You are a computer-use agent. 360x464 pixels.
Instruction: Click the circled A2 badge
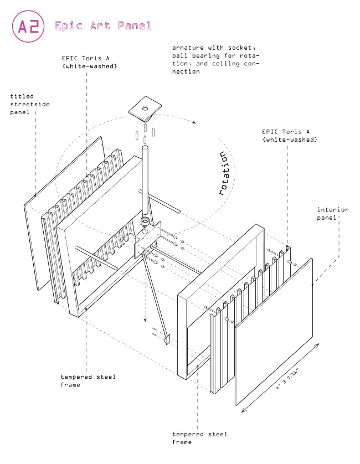[x=28, y=27]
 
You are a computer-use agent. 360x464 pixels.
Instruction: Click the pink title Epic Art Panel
[x=102, y=26]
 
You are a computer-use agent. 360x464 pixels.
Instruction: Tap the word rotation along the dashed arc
[x=224, y=173]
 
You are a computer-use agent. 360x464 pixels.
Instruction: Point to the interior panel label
[x=332, y=213]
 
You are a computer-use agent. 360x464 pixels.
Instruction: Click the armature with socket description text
[x=215, y=60]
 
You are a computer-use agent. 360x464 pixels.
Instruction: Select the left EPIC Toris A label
[x=89, y=61]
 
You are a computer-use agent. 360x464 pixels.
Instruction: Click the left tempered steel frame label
[x=88, y=380]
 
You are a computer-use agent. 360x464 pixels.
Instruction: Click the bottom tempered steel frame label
[x=199, y=438]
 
